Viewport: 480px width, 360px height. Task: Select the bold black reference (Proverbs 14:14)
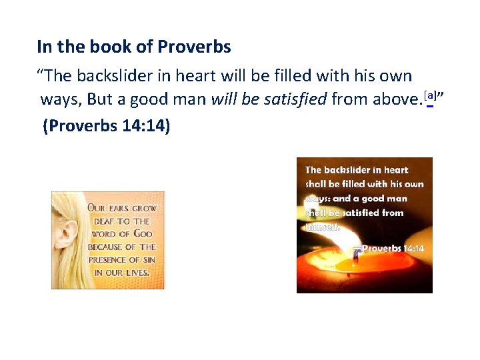106,125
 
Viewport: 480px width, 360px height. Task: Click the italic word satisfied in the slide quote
295,100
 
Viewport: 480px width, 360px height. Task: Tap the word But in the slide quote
99,100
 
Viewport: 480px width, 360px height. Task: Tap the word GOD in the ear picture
142,233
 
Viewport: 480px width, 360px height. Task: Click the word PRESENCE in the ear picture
108,259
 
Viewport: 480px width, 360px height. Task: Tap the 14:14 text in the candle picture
413,248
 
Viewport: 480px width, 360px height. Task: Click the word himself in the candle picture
323,227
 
